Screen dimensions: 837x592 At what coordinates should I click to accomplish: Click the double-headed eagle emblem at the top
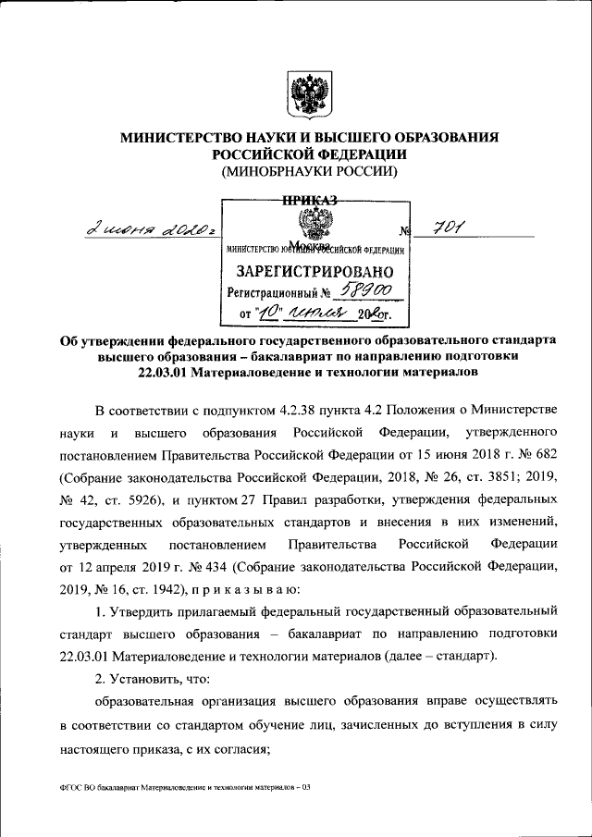point(304,94)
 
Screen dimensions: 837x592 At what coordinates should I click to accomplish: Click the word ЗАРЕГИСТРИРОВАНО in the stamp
point(315,272)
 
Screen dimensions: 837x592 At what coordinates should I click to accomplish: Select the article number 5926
point(134,505)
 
